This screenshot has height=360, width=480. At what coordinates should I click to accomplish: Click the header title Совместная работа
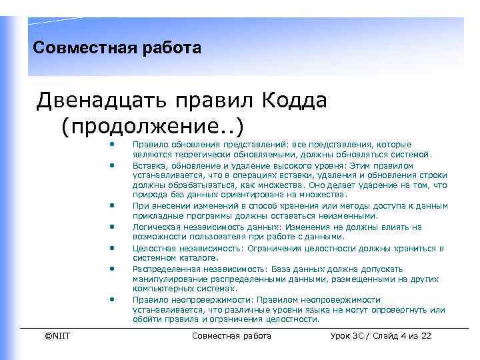pos(117,49)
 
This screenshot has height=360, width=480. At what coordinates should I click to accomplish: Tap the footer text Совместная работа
pos(231,335)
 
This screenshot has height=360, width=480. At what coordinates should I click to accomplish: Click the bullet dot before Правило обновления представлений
pos(114,144)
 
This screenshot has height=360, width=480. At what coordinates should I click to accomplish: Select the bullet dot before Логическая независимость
pos(114,227)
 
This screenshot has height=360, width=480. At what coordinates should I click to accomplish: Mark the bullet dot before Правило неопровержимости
pos(114,299)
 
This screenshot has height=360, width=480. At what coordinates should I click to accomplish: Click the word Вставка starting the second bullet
pos(148,165)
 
